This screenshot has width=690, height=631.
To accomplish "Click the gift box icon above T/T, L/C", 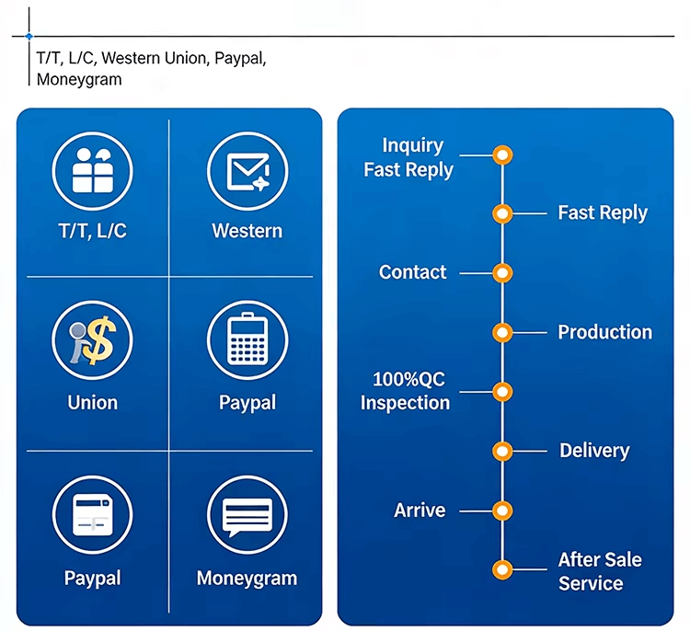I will coord(92,170).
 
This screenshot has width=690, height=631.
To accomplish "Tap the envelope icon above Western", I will coord(247,170).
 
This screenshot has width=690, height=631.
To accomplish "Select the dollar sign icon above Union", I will coord(92,341).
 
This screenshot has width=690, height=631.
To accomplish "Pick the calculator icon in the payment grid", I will coord(247,341).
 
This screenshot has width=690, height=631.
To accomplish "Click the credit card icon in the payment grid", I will coord(92,515).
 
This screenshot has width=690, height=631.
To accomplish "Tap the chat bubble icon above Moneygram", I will coord(247,515).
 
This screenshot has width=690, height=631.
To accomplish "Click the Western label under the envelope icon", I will coord(247,231).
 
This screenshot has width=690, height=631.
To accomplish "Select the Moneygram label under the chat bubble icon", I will coord(247,579).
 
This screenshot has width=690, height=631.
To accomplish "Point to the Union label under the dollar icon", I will coord(92,403).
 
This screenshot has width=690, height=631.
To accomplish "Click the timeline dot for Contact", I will coord(501,273).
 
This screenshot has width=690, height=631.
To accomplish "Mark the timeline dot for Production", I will coord(501,332).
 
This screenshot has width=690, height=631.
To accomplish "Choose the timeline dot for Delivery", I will coord(501,451).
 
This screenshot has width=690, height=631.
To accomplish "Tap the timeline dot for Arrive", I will coord(501,511).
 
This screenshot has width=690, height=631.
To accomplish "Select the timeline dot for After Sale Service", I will coord(501,570).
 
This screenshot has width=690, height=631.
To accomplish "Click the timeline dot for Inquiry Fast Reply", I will coord(501,155).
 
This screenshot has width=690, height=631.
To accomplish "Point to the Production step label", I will coord(604,332).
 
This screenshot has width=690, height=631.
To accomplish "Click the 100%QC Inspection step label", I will coord(405,391).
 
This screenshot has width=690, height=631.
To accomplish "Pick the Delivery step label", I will coord(594,451).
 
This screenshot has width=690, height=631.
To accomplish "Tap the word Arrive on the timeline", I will coord(420,511).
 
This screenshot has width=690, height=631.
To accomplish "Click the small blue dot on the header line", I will coord(29,37).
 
